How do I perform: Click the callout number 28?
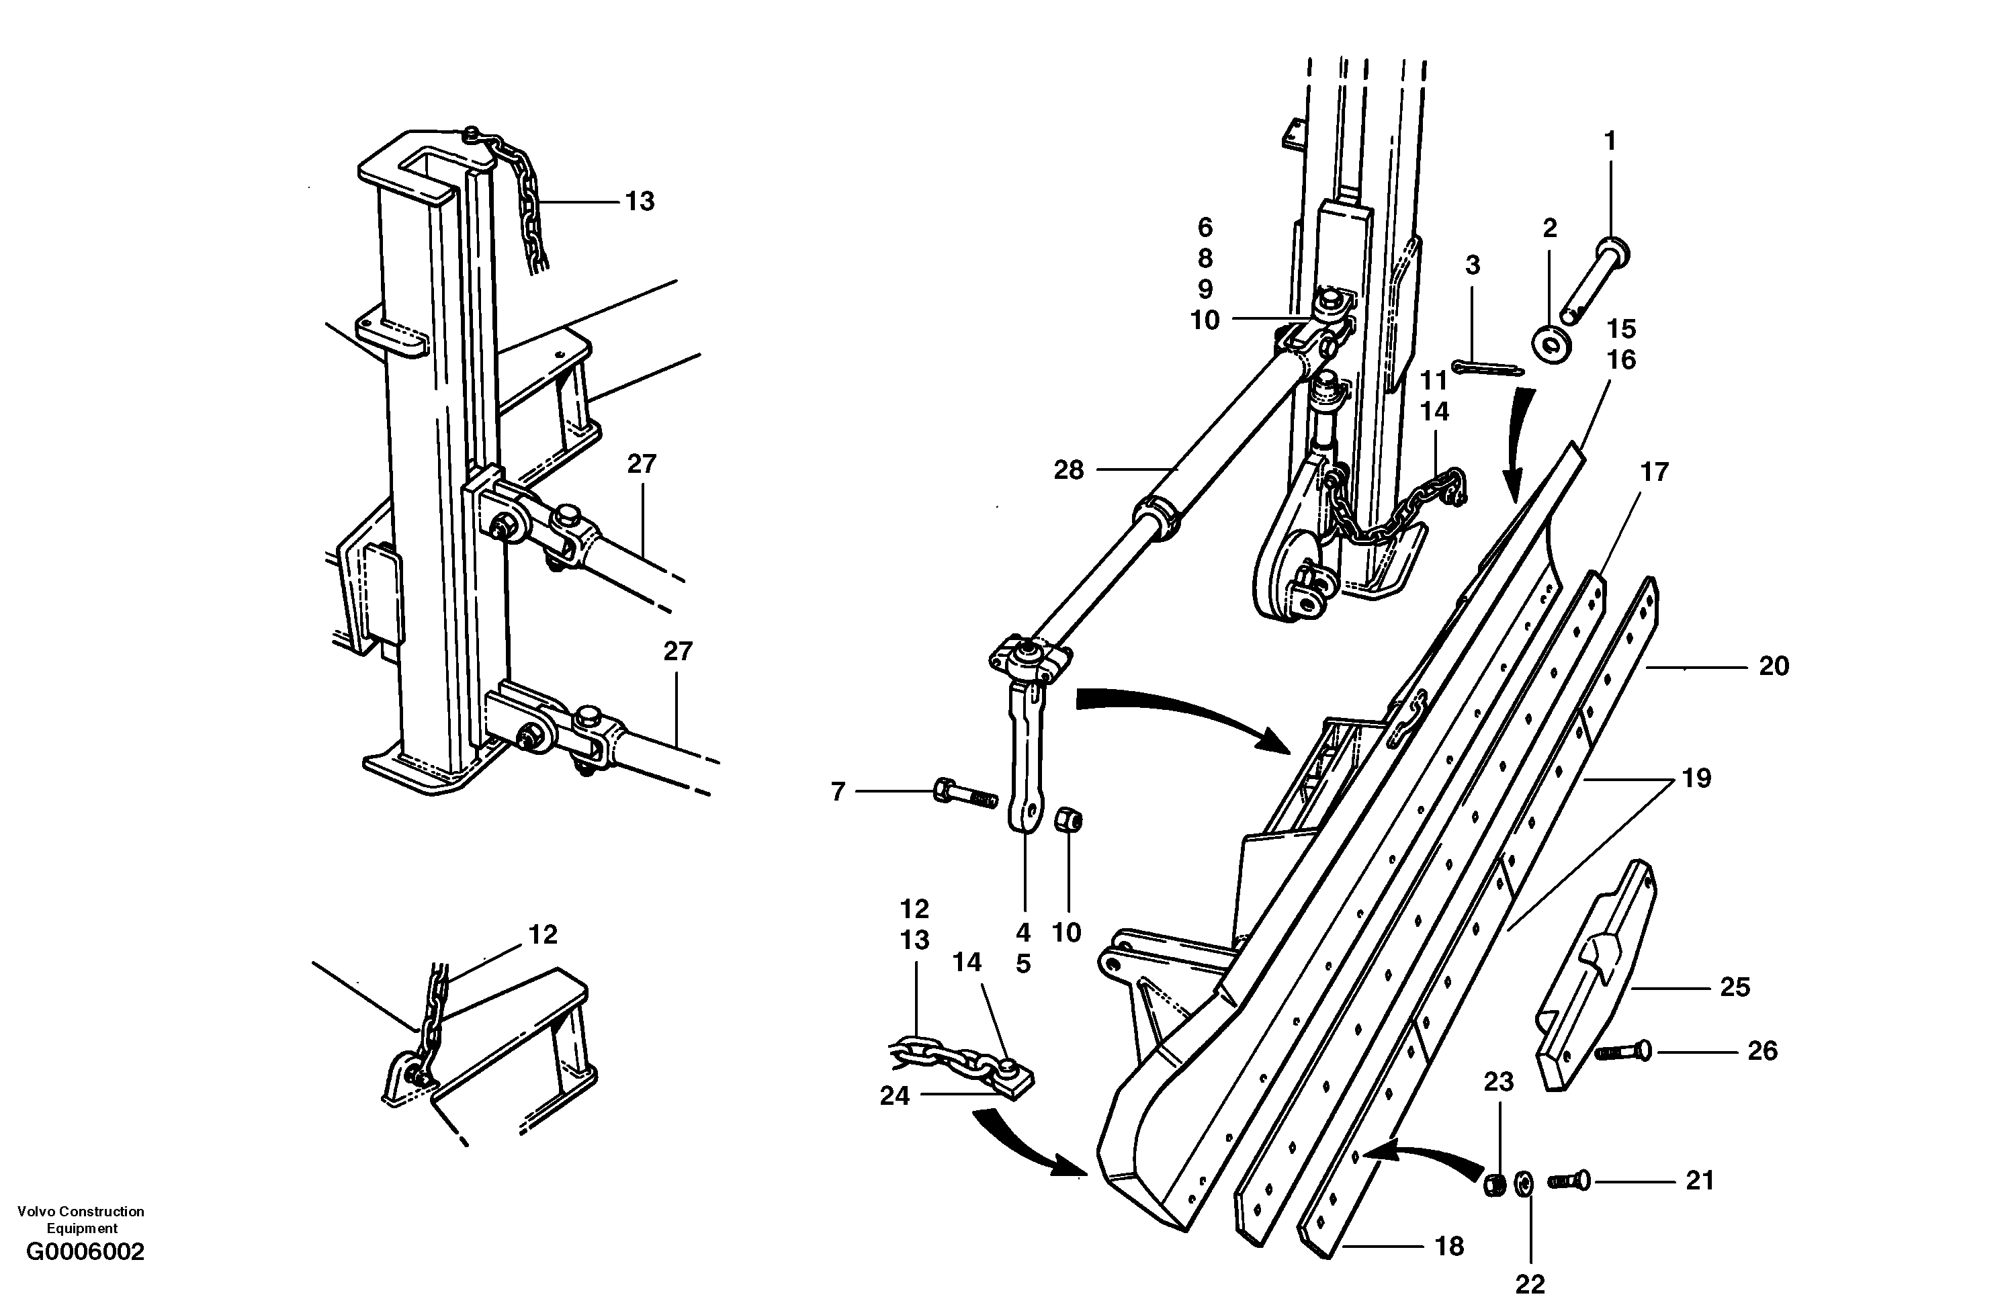(1068, 471)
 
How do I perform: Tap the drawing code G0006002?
(85, 1253)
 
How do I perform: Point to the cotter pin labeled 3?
(1487, 369)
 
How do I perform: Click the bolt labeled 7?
(964, 793)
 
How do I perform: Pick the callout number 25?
(1735, 987)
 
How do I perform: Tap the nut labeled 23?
(1495, 1185)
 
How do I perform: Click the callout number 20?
(1774, 666)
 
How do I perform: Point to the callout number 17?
(1654, 473)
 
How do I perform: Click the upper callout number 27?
(641, 464)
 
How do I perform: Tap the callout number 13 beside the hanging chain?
(640, 201)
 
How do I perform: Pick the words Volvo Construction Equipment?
(81, 1219)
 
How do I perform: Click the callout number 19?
(1696, 778)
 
